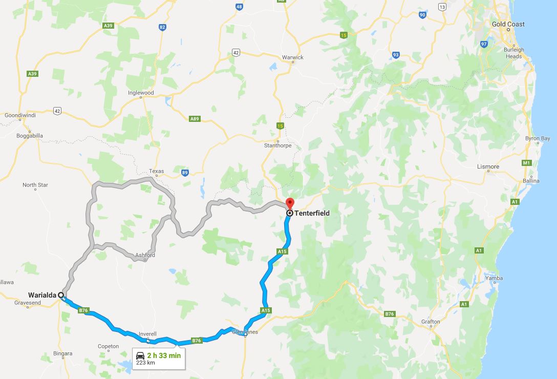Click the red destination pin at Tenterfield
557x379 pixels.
click(x=290, y=203)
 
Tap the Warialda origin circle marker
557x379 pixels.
click(x=61, y=295)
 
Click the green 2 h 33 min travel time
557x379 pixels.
click(x=163, y=355)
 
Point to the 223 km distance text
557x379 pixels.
click(x=145, y=363)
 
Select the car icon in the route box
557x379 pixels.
click(x=140, y=355)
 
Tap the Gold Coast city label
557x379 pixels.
click(x=508, y=24)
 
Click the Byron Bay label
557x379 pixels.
click(x=538, y=138)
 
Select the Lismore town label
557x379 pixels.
click(x=488, y=166)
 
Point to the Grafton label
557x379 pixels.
click(x=431, y=322)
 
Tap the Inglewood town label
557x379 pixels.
click(x=141, y=93)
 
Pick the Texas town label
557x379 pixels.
click(x=156, y=172)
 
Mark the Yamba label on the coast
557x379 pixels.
click(x=494, y=278)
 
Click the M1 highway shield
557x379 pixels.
click(x=526, y=163)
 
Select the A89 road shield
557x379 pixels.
click(x=195, y=119)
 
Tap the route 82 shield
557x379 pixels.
click(x=162, y=27)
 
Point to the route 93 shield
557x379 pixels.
click(x=396, y=55)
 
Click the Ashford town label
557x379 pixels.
click(x=145, y=255)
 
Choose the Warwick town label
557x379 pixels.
click(x=292, y=57)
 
